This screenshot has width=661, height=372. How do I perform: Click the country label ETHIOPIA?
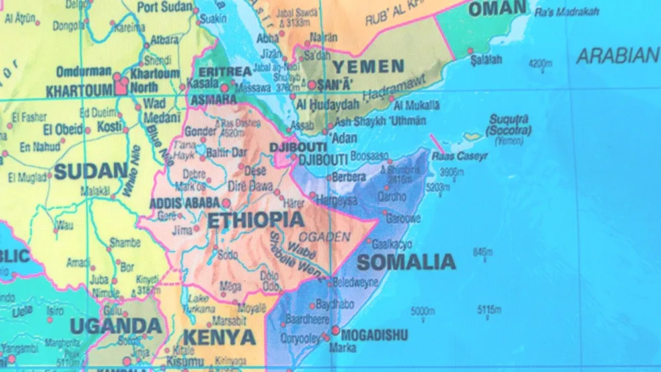click(256, 220)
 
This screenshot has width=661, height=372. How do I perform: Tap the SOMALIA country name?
click(406, 262)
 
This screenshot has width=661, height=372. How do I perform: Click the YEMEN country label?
click(368, 66)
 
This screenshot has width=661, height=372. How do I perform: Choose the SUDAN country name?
click(90, 172)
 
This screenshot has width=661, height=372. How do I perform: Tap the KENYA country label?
click(219, 338)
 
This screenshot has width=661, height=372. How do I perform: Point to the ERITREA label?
click(225, 71)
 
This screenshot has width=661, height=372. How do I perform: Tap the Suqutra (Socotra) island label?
click(509, 125)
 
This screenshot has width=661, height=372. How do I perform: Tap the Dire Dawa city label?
click(251, 186)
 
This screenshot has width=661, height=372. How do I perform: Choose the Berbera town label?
click(348, 177)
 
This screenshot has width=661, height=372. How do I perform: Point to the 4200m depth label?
click(540, 63)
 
